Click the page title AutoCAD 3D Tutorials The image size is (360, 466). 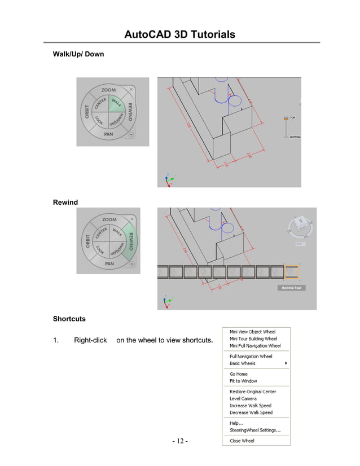(179, 35)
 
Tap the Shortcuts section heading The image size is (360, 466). (69, 319)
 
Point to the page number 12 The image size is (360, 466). (180, 441)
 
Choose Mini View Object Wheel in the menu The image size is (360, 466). (252, 332)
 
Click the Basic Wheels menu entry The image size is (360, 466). (243, 363)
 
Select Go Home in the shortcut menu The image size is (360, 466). (239, 374)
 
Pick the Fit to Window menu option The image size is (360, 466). (243, 381)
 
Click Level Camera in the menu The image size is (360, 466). (243, 398)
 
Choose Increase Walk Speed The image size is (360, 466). (251, 406)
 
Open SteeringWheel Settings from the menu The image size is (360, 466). (255, 430)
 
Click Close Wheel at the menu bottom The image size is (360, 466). (242, 441)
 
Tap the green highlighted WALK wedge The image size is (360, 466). (117, 103)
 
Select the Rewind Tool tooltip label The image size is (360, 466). (292, 288)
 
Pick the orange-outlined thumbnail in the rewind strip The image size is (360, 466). (292, 272)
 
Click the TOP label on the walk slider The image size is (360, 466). (293, 118)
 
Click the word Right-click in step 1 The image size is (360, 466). (90, 340)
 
